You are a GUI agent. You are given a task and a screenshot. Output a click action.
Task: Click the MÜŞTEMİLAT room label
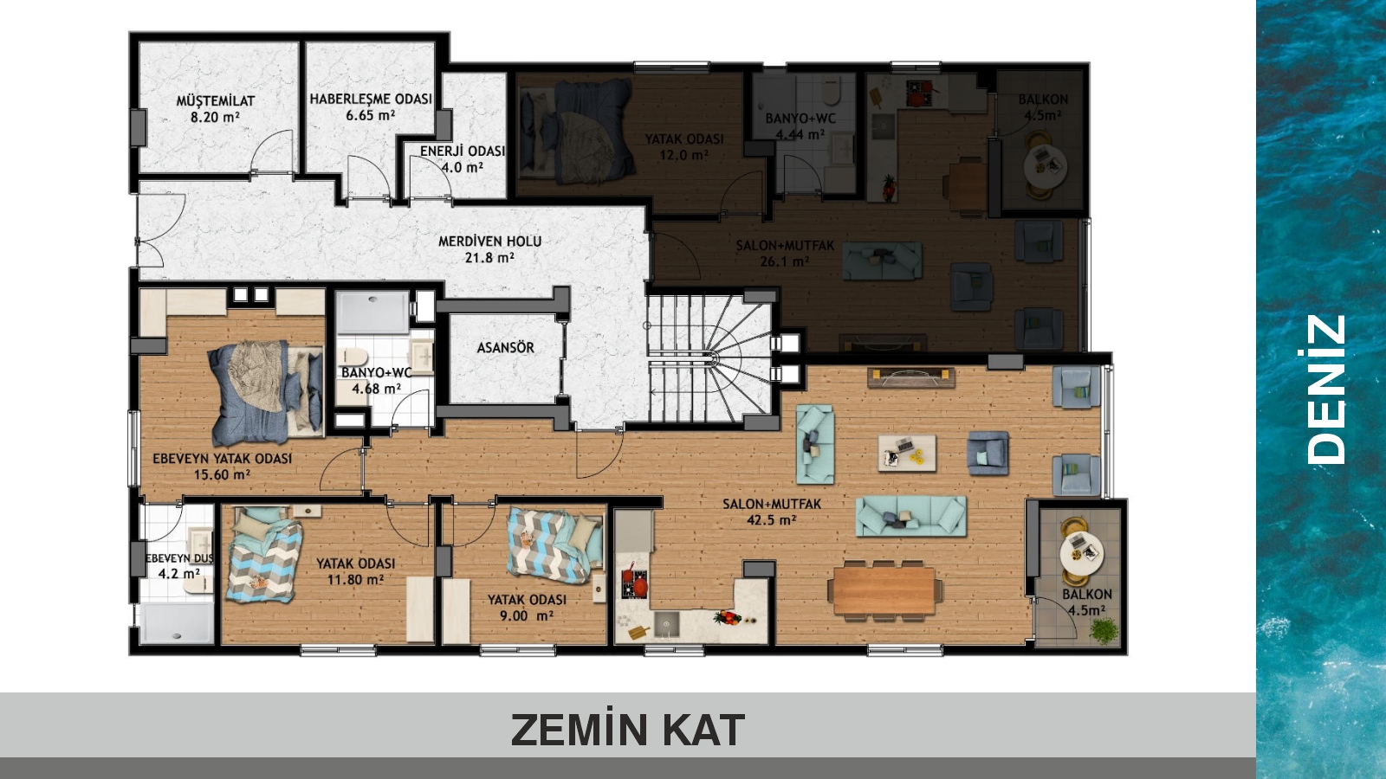(216, 100)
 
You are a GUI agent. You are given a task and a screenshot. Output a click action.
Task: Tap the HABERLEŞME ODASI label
(371, 99)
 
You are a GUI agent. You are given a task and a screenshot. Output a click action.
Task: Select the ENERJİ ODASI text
(463, 151)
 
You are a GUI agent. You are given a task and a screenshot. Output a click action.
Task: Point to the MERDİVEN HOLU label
(489, 241)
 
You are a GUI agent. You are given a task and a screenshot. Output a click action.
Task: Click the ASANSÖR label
(505, 347)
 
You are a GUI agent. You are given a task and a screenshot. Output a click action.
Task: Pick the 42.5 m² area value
(771, 520)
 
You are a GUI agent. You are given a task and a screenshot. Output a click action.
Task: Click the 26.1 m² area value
(785, 261)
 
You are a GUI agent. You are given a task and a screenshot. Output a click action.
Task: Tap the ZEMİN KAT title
(627, 731)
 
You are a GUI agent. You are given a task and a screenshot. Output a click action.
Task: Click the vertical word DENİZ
(1326, 389)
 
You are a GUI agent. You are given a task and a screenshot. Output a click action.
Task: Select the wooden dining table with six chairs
(884, 589)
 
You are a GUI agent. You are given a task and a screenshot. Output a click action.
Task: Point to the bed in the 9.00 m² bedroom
(555, 544)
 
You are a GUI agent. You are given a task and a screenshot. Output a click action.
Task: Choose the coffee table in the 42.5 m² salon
(907, 454)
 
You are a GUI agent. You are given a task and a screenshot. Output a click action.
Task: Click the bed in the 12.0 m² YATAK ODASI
(575, 131)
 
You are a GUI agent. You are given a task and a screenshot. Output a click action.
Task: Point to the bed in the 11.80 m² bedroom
(264, 554)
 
